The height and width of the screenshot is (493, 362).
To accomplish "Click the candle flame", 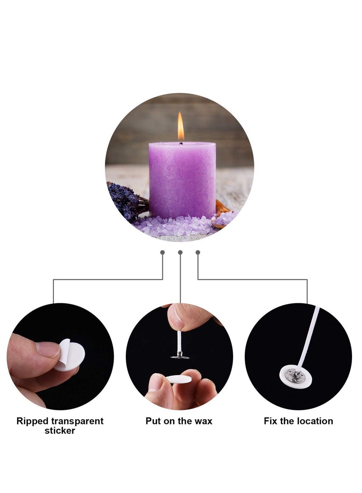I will [181, 127].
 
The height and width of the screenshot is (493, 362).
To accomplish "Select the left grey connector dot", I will [162, 252].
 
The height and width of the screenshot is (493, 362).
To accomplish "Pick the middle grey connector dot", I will [180, 252].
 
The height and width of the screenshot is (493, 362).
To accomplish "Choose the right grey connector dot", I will [198, 252].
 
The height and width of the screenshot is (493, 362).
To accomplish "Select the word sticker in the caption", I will [60, 431].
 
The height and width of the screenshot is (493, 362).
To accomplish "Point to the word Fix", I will [271, 421].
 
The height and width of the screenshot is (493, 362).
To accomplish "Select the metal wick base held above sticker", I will [180, 356].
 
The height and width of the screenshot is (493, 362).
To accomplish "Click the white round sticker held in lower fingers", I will [178, 380].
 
